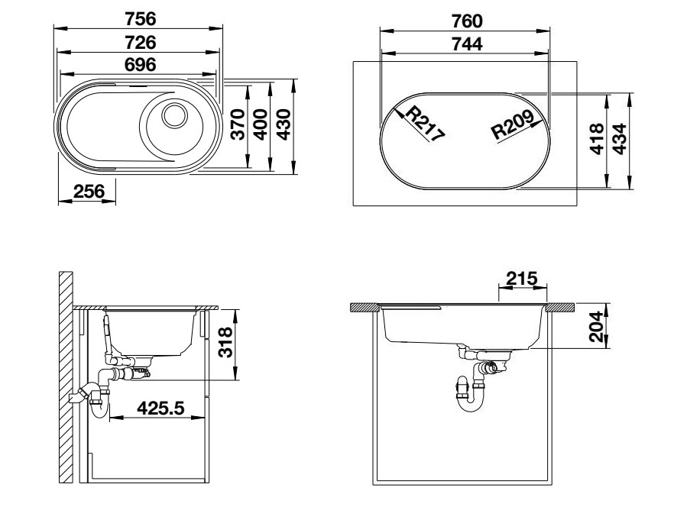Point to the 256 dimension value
point(88,192)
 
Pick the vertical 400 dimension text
point(261,125)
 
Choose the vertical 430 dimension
point(284,125)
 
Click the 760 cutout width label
point(466,21)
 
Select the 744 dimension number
point(466,44)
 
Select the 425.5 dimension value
point(160,408)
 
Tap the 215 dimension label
point(522,279)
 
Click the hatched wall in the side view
point(66,378)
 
